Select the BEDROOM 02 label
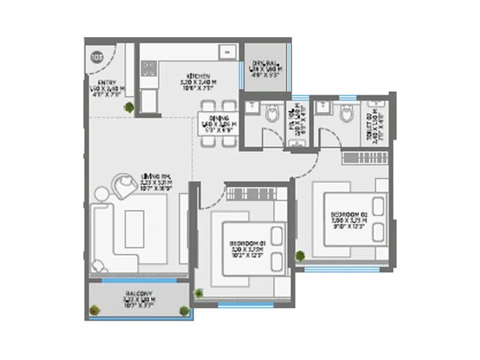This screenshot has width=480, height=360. (349, 215)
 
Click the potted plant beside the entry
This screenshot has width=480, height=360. (129, 107)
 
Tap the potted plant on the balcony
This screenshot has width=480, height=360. (94, 311)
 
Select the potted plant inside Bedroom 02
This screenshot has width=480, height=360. (300, 256)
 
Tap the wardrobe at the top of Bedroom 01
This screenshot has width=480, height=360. (251, 194)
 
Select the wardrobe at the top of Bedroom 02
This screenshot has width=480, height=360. (366, 158)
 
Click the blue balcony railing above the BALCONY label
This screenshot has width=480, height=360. (139, 280)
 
